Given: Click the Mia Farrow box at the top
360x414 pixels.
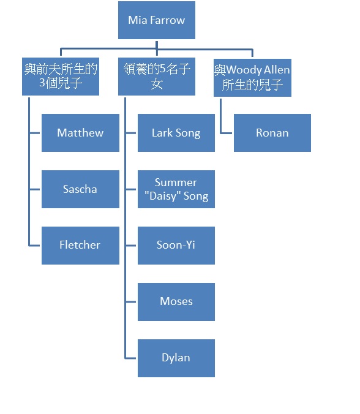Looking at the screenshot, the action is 157,20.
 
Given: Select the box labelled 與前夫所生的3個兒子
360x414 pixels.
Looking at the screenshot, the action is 61,77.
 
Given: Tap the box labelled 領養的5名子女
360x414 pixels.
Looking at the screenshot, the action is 157,77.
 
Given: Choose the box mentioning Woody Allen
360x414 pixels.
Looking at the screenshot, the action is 252,78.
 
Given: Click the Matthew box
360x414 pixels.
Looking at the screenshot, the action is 80,133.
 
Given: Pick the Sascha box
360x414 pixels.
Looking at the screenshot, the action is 80,189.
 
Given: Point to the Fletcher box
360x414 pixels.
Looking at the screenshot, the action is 80,246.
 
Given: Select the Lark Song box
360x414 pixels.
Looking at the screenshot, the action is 176,133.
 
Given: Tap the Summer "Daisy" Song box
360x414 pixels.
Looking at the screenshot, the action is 176,189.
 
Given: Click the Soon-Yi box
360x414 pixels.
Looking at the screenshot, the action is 176,246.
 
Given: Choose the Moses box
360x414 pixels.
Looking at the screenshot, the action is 176,302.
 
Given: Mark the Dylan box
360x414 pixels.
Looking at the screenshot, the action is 176,358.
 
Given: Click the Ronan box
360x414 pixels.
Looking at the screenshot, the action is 272,133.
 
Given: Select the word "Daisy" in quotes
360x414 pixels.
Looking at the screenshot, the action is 161,196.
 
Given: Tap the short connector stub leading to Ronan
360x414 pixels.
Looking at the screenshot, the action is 226,133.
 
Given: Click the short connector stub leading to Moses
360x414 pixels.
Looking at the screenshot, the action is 130,302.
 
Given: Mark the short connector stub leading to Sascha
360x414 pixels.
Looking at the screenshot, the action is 34,189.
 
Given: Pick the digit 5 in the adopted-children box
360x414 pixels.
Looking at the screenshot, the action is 163,69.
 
